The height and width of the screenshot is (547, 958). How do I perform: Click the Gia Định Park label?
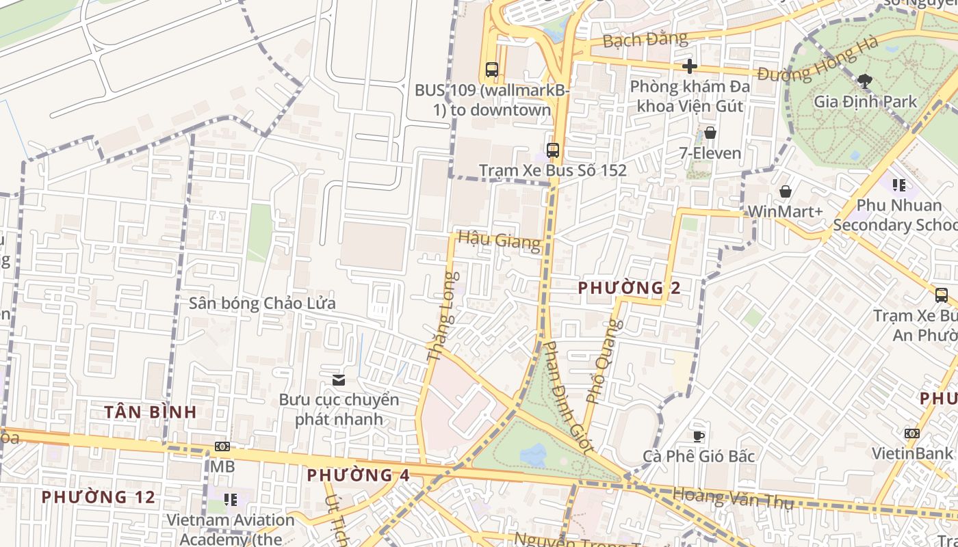[865, 102]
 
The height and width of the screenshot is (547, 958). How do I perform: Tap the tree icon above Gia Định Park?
[865, 81]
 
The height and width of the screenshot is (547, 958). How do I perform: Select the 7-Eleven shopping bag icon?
[710, 133]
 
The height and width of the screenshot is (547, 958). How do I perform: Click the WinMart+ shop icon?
[785, 191]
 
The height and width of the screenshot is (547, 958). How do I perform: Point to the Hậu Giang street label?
[499, 239]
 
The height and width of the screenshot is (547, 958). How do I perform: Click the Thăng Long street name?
[441, 317]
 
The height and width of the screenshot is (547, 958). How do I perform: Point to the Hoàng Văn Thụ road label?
[732, 498]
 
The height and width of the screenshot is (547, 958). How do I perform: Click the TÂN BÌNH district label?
[151, 412]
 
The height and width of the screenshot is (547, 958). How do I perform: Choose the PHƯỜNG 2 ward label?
[629, 288]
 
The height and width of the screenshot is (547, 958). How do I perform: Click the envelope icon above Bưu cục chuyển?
[339, 379]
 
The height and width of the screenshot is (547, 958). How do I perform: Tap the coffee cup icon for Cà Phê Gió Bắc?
[698, 436]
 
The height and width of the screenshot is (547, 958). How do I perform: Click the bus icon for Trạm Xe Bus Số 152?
[553, 150]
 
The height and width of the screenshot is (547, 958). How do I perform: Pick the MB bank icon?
[222, 446]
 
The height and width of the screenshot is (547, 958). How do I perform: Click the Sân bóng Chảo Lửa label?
[262, 303]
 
